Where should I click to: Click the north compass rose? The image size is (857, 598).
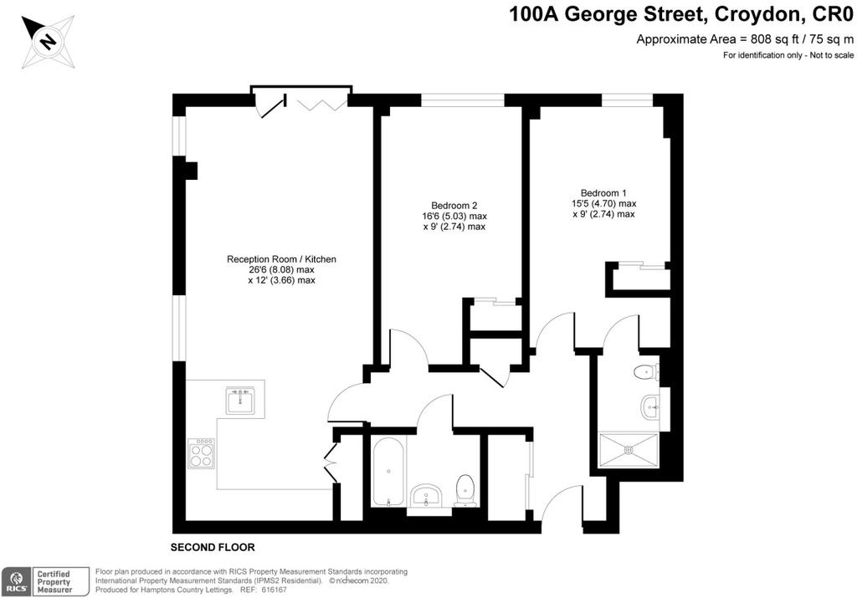click(48, 42)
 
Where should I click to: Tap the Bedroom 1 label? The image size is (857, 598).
click(603, 192)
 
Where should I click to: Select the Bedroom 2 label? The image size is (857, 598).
click(454, 206)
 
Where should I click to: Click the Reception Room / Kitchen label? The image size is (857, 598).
click(281, 259)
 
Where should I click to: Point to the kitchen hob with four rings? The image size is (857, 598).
click(201, 453)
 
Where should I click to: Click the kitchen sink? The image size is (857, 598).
click(240, 401)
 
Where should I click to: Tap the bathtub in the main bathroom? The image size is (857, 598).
click(388, 472)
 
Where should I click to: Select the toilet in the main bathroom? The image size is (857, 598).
click(465, 490)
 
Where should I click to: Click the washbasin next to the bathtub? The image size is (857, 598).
click(428, 496)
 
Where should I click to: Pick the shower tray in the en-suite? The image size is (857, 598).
click(629, 450)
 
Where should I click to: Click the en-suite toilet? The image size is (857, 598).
click(647, 372)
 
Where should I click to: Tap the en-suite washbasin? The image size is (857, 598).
click(649, 406)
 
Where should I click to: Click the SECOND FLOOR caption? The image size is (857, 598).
click(213, 547)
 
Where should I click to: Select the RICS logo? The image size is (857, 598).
click(17, 581)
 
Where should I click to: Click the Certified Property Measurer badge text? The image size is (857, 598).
click(54, 581)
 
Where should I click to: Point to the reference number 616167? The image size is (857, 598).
click(274, 590)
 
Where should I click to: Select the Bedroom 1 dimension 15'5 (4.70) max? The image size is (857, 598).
click(603, 204)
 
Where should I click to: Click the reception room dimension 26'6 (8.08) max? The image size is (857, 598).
click(281, 270)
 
